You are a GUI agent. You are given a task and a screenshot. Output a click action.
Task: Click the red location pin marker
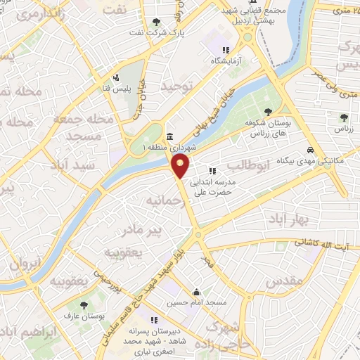click(181, 167)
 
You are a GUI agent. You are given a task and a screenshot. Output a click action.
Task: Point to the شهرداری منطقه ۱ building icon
click(169, 138)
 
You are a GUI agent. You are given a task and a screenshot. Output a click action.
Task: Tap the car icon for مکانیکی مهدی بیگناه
click(310, 149)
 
